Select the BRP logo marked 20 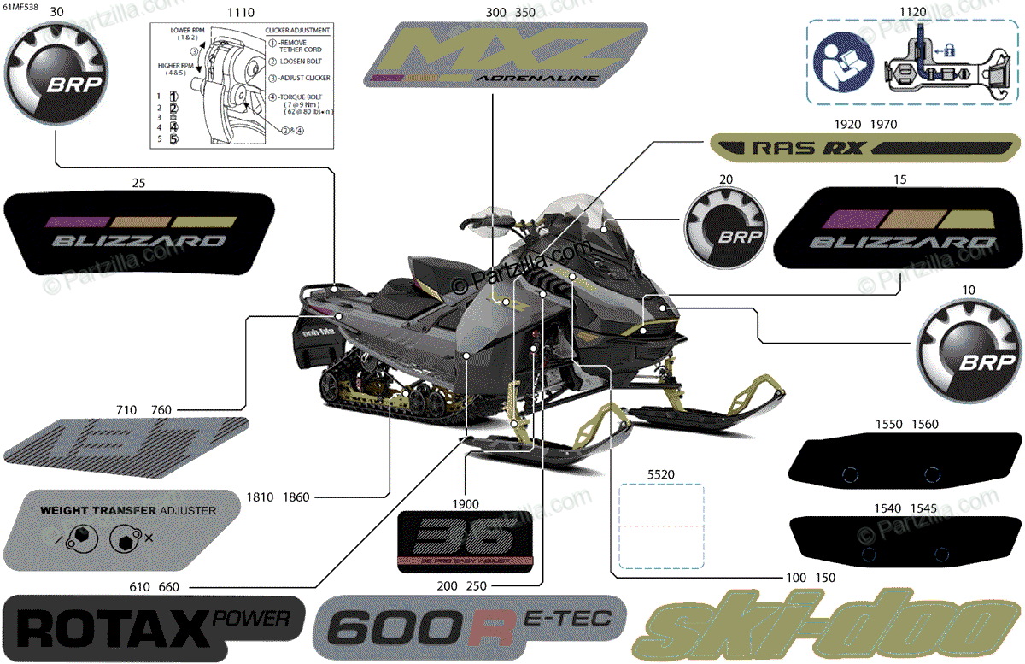pyautogui.click(x=725, y=229)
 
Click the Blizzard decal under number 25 pyautogui.click(x=140, y=233)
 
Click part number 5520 pyautogui.click(x=660, y=473)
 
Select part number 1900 pyautogui.click(x=466, y=503)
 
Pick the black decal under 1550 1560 pyautogui.click(x=889, y=462)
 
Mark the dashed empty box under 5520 pyautogui.click(x=661, y=526)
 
